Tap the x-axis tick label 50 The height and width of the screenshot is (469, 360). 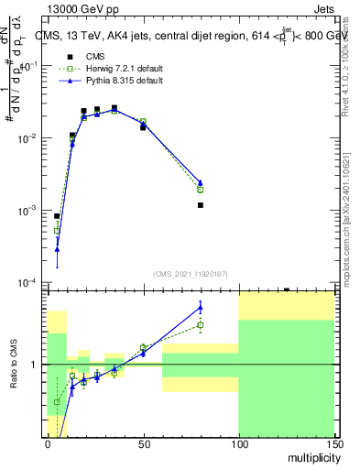pyautogui.click(x=143, y=443)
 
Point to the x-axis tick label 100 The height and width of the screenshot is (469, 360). pyautogui.click(x=238, y=443)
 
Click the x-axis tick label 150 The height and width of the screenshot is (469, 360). pyautogui.click(x=333, y=443)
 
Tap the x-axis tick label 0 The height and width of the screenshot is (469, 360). pyautogui.click(x=48, y=443)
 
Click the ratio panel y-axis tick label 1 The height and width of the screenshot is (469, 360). pyautogui.click(x=36, y=365)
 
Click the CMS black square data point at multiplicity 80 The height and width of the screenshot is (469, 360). pyautogui.click(x=200, y=205)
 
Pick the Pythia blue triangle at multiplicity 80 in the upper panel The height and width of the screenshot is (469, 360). pyautogui.click(x=200, y=182)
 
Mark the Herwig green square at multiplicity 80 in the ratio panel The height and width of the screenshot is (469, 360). pyautogui.click(x=200, y=325)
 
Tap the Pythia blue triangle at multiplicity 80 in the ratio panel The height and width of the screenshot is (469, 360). pyautogui.click(x=200, y=306)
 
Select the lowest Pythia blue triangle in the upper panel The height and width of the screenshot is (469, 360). pyautogui.click(x=57, y=248)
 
